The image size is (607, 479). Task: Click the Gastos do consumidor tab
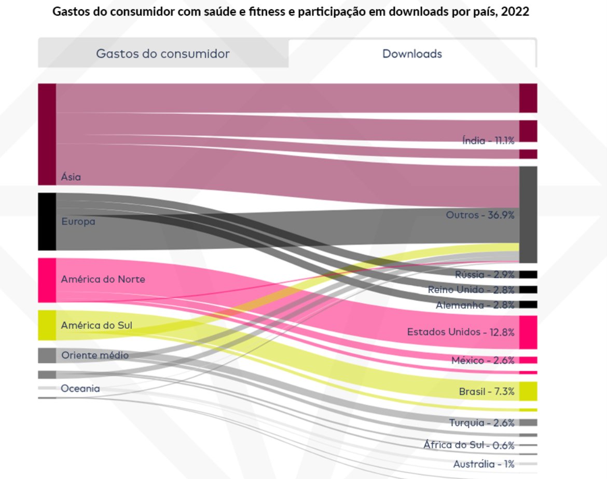click(163, 54)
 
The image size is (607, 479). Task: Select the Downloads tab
click(412, 54)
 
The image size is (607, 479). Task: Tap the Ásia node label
click(71, 177)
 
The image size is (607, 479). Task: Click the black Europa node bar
click(47, 222)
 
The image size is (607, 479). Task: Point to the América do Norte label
click(103, 280)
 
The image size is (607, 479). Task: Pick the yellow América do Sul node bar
click(47, 325)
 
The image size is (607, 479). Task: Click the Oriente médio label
click(95, 355)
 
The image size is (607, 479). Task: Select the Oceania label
click(80, 388)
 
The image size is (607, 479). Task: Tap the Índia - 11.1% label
click(488, 140)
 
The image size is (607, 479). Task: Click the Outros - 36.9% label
click(480, 215)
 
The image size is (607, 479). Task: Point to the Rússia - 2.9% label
click(485, 274)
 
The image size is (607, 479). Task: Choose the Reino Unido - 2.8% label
click(471, 289)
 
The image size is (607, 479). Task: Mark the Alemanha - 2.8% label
click(475, 304)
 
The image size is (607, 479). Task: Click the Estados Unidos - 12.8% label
click(461, 331)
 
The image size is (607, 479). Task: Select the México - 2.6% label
click(482, 360)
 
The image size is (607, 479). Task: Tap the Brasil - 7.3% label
click(487, 391)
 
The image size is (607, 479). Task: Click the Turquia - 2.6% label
click(481, 422)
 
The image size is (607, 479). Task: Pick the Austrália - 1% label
click(484, 463)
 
